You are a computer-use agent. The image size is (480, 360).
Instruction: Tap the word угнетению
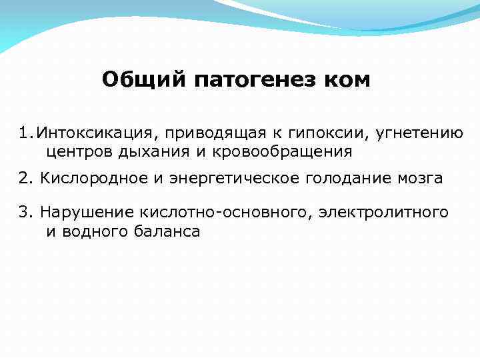click(419, 132)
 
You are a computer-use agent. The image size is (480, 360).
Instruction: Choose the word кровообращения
click(281, 151)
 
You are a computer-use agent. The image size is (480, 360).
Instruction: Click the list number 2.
click(25, 179)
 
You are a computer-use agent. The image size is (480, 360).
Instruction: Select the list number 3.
click(25, 212)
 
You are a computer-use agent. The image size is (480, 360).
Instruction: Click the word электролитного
click(383, 212)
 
